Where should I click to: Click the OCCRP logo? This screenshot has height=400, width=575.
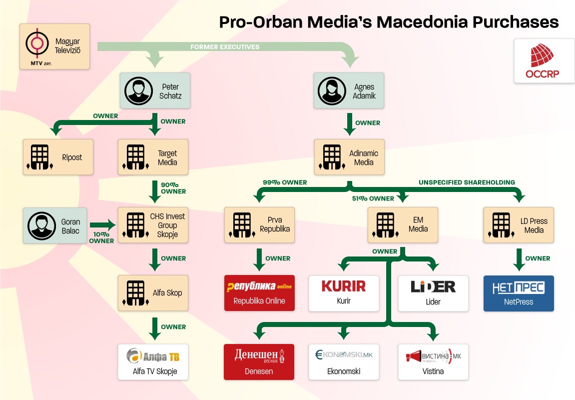click(x=542, y=60)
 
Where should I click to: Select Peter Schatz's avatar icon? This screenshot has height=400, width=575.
click(x=138, y=90)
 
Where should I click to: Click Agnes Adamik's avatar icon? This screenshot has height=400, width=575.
click(x=332, y=90)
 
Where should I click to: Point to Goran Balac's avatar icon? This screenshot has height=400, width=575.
click(x=41, y=226)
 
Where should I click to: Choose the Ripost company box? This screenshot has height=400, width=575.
click(x=58, y=157)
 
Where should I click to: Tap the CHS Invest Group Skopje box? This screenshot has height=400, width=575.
click(x=153, y=225)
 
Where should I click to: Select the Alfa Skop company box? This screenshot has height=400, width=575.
click(x=153, y=293)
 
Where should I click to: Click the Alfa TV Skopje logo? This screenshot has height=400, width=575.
click(x=152, y=355)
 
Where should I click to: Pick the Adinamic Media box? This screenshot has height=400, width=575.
click(x=349, y=157)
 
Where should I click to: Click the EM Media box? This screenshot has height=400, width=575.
click(x=403, y=225)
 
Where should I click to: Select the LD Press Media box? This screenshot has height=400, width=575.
click(x=519, y=225)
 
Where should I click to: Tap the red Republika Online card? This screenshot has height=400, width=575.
click(x=259, y=293)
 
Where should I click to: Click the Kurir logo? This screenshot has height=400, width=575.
click(x=344, y=286)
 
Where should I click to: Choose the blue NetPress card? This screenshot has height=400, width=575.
click(x=519, y=293)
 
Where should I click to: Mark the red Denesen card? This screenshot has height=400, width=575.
click(x=259, y=361)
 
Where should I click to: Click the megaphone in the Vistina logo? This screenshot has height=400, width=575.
click(x=414, y=356)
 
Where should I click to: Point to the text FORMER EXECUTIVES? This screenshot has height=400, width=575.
click(x=225, y=47)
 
